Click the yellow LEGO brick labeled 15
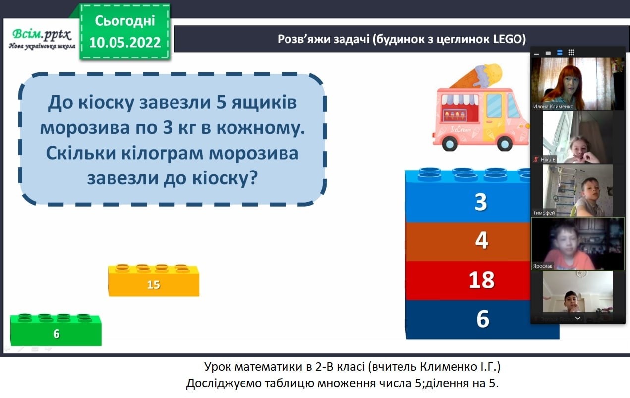(154, 281)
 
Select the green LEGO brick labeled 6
(56, 330)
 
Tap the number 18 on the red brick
(481, 280)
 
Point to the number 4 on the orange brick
(481, 240)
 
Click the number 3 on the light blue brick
(481, 202)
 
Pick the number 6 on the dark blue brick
(483, 319)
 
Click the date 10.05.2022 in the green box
(125, 43)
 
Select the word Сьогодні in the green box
(125, 21)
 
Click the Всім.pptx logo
(42, 39)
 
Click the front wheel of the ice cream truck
(504, 143)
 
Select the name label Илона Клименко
(553, 107)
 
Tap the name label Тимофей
(544, 213)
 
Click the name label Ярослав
(543, 266)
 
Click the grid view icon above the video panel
(571, 53)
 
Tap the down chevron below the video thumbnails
(578, 318)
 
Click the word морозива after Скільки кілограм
(254, 154)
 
